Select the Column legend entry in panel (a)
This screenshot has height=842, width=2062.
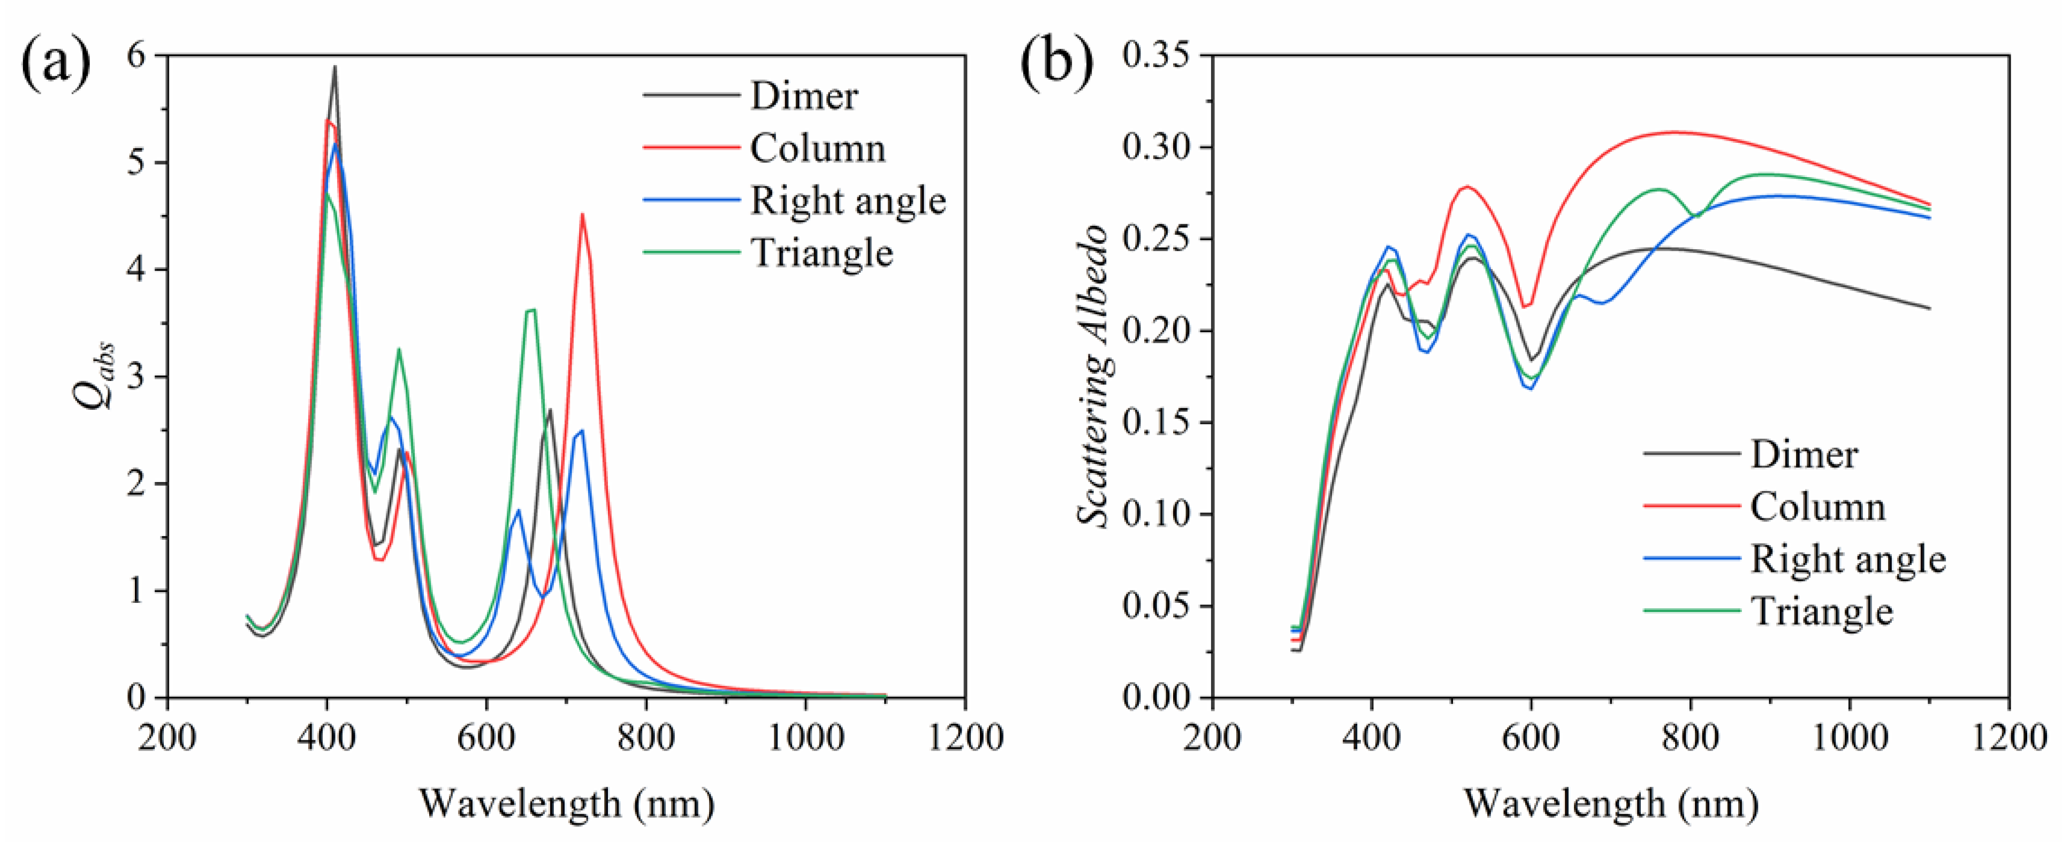click(x=817, y=149)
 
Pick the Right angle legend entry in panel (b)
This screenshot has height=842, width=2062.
click(x=1847, y=558)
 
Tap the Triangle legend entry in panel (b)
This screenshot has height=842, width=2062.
click(x=1822, y=611)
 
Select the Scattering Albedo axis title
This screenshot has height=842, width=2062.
click(x=1093, y=376)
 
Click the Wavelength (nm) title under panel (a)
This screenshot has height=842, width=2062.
click(x=567, y=803)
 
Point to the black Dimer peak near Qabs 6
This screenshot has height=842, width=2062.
click(x=334, y=67)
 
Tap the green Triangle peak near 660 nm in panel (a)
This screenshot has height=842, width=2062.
click(x=530, y=310)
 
